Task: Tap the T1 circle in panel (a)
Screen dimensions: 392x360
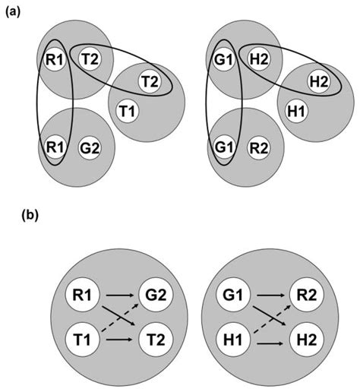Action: pyautogui.click(x=128, y=112)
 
